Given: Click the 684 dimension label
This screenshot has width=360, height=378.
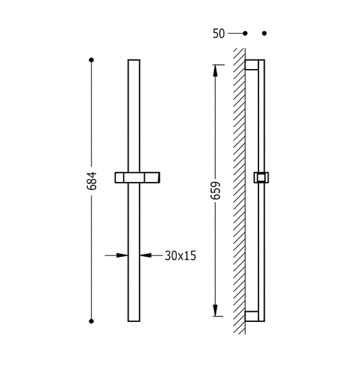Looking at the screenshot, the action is (91, 181).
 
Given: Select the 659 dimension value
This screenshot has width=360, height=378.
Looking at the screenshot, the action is (215, 191).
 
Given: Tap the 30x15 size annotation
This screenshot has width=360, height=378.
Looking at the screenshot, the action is (181, 256).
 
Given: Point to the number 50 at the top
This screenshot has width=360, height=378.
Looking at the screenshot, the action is (219, 34).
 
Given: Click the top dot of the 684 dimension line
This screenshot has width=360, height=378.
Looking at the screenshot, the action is (91, 60).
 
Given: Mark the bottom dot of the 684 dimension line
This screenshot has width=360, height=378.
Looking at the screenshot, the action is (91, 321).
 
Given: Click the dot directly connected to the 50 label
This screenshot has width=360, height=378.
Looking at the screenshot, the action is (245, 33).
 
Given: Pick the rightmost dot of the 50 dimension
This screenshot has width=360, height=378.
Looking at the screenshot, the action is (265, 33).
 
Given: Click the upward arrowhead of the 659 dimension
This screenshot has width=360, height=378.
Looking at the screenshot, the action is (215, 70).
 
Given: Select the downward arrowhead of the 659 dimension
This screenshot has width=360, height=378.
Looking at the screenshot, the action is (215, 310).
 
